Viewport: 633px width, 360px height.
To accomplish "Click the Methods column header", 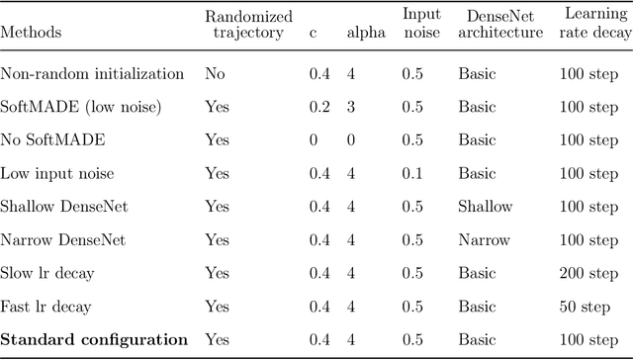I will (31, 32).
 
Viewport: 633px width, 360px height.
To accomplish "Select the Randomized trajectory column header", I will (242, 24).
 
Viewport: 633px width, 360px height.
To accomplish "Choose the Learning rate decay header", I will (591, 24).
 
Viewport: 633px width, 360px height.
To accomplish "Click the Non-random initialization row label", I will (92, 73).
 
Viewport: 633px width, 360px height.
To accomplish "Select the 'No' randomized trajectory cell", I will (215, 73).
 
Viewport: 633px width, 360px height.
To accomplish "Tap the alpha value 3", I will (350, 107).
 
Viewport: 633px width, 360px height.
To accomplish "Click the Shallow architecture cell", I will (485, 207).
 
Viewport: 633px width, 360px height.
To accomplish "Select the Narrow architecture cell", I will (484, 240).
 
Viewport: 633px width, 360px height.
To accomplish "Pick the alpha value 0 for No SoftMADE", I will (350, 140).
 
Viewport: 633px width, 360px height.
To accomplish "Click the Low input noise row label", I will (57, 174).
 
